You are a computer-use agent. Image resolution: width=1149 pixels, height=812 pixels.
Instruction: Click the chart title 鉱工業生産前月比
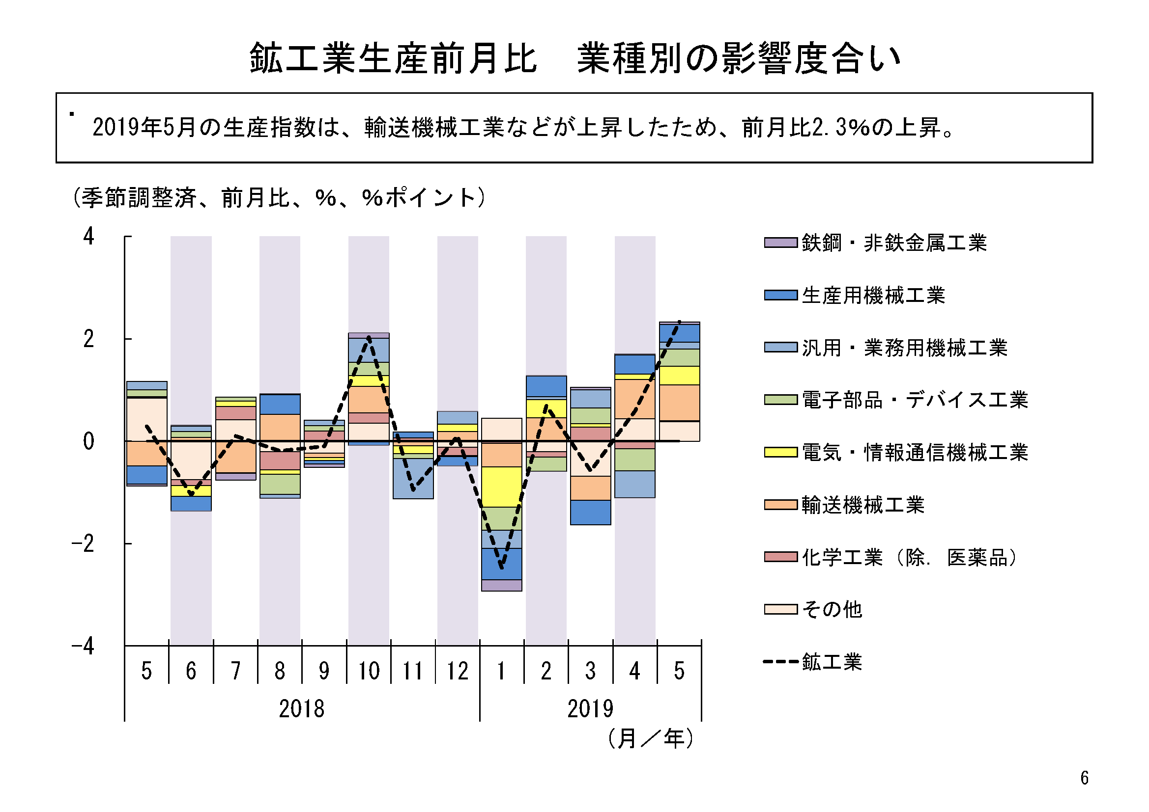click(393, 58)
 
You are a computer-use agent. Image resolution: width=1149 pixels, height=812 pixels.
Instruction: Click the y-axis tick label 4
click(88, 237)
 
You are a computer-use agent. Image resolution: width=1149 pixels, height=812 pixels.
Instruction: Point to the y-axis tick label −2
click(83, 544)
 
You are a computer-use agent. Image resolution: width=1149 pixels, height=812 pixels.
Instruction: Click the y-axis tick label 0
click(88, 441)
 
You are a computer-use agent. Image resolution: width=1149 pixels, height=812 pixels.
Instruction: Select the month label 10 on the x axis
click(369, 671)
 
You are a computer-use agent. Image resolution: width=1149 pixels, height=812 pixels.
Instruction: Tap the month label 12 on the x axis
click(458, 671)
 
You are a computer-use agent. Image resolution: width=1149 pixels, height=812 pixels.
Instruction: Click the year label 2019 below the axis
click(590, 709)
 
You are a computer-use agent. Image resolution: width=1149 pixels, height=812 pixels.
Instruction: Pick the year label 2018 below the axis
click(301, 709)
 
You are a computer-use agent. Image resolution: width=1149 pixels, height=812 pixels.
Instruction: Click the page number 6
click(1085, 778)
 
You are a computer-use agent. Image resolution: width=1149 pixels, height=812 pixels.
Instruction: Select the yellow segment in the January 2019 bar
click(501, 487)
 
